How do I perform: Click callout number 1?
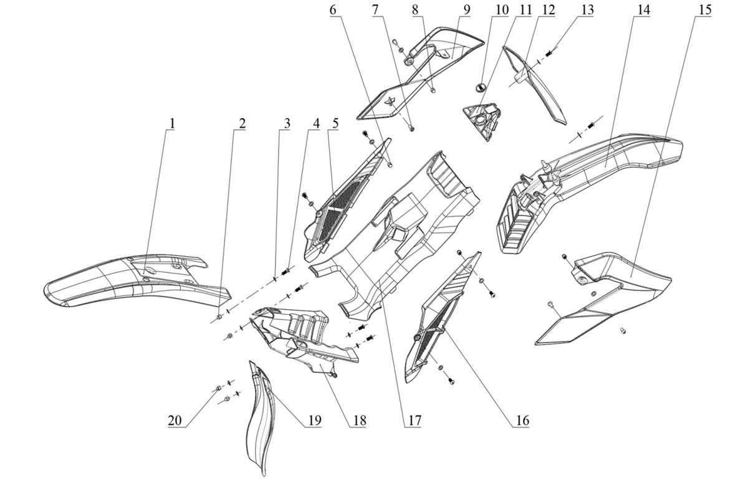[172, 123]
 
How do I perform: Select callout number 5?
[335, 123]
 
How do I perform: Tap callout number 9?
[466, 10]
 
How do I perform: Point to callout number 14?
[643, 10]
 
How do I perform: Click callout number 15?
[705, 10]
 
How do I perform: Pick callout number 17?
[415, 420]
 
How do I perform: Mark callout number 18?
[360, 420]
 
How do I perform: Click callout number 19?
[315, 420]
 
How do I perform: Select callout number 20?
[175, 420]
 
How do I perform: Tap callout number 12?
[549, 10]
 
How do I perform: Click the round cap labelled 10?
[480, 87]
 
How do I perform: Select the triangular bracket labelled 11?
[482, 121]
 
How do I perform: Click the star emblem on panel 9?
[389, 101]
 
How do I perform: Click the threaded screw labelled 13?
[549, 52]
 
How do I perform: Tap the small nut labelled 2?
[219, 317]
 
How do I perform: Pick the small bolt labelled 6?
[390, 164]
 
